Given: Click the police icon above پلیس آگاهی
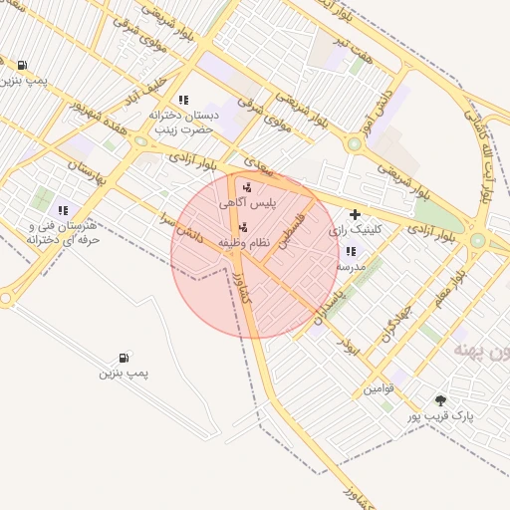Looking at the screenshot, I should [x=247, y=187].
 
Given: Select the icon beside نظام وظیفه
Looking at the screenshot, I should [x=244, y=226].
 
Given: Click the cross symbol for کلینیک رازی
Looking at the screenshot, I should [x=355, y=214].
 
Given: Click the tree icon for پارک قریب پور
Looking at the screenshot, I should [x=440, y=400].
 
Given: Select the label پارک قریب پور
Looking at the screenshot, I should [x=440, y=416].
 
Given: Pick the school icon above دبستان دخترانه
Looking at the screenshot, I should [x=183, y=100].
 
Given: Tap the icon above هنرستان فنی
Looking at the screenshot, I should [x=63, y=210].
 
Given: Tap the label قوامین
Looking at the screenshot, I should [x=379, y=388].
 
